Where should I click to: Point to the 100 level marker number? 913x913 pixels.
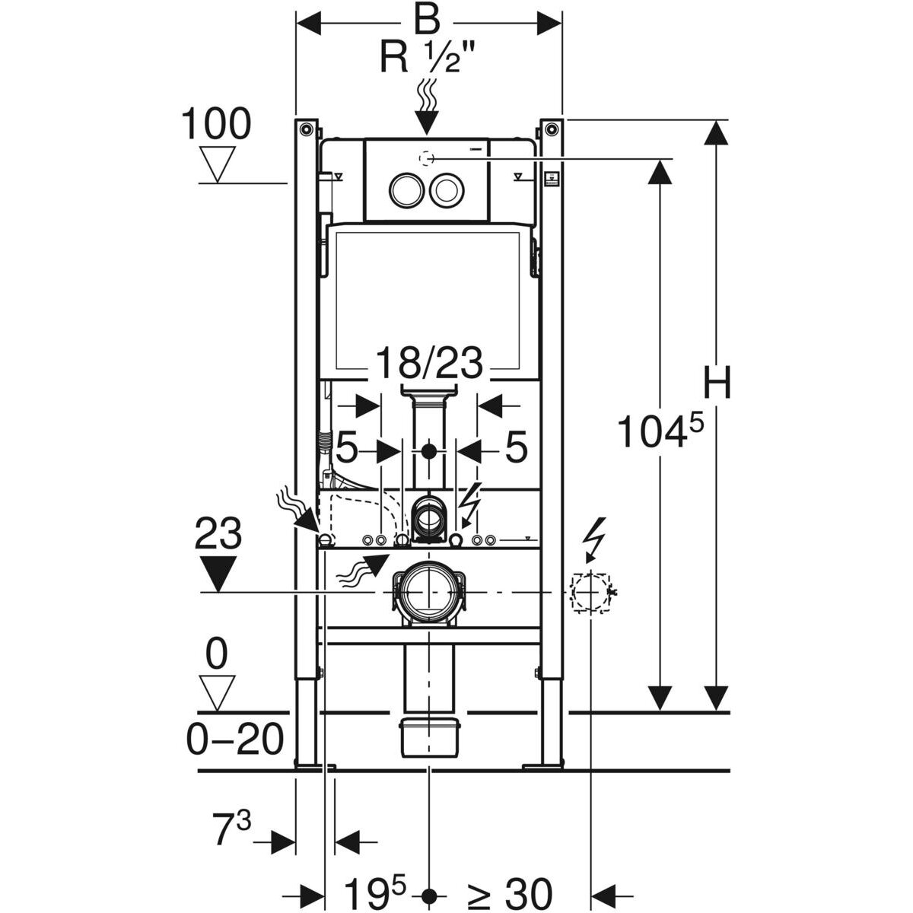click(215, 124)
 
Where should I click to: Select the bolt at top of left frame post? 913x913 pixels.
click(306, 128)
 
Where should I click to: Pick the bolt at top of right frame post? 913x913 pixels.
click(549, 128)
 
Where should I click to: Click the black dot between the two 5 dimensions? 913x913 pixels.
click(430, 451)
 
